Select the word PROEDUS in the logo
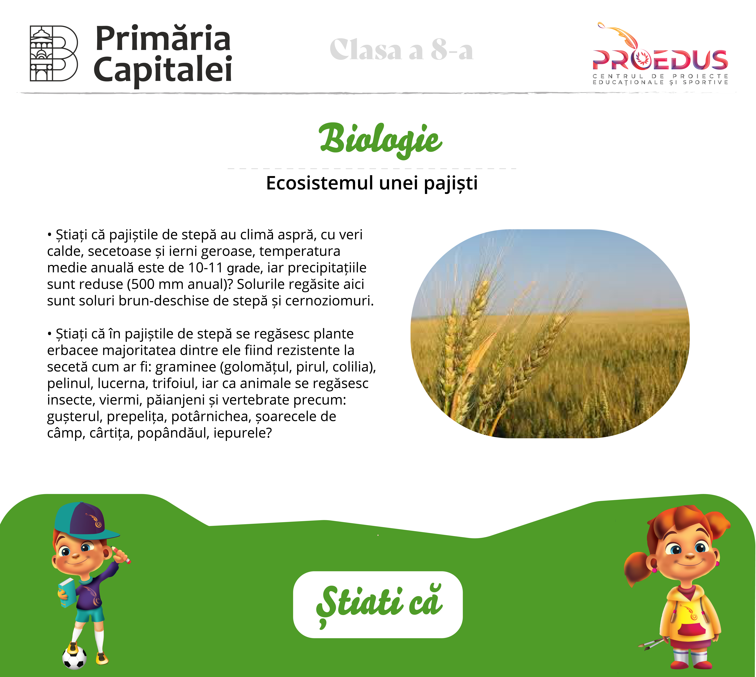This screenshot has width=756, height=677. pos(660,60)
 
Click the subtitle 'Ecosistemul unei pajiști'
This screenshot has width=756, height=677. pos(371,183)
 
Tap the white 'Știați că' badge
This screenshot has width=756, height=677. pos(378,605)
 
